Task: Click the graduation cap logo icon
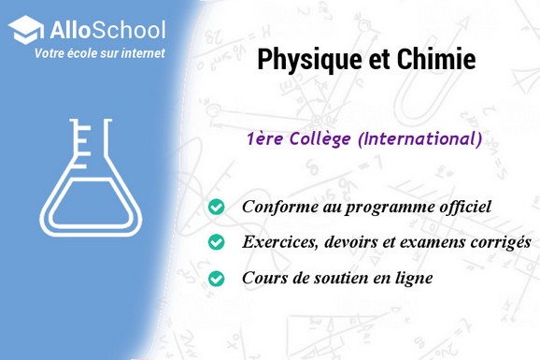click(x=26, y=29)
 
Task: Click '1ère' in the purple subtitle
click(x=264, y=139)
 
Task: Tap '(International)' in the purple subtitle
click(x=420, y=139)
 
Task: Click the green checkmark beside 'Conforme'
click(x=217, y=207)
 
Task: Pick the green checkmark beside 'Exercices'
click(x=217, y=242)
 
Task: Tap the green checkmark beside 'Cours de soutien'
click(x=217, y=278)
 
